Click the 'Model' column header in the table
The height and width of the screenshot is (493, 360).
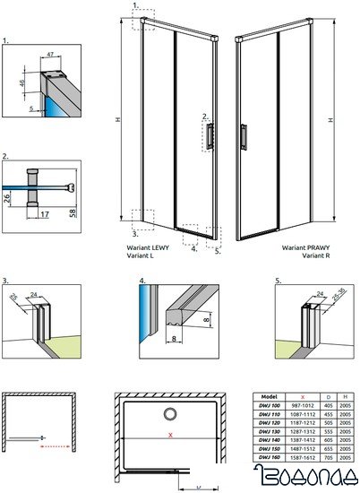coord(266,395)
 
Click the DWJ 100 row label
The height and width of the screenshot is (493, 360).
coord(266,404)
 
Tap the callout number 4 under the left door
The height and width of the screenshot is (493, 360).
coord(194,250)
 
